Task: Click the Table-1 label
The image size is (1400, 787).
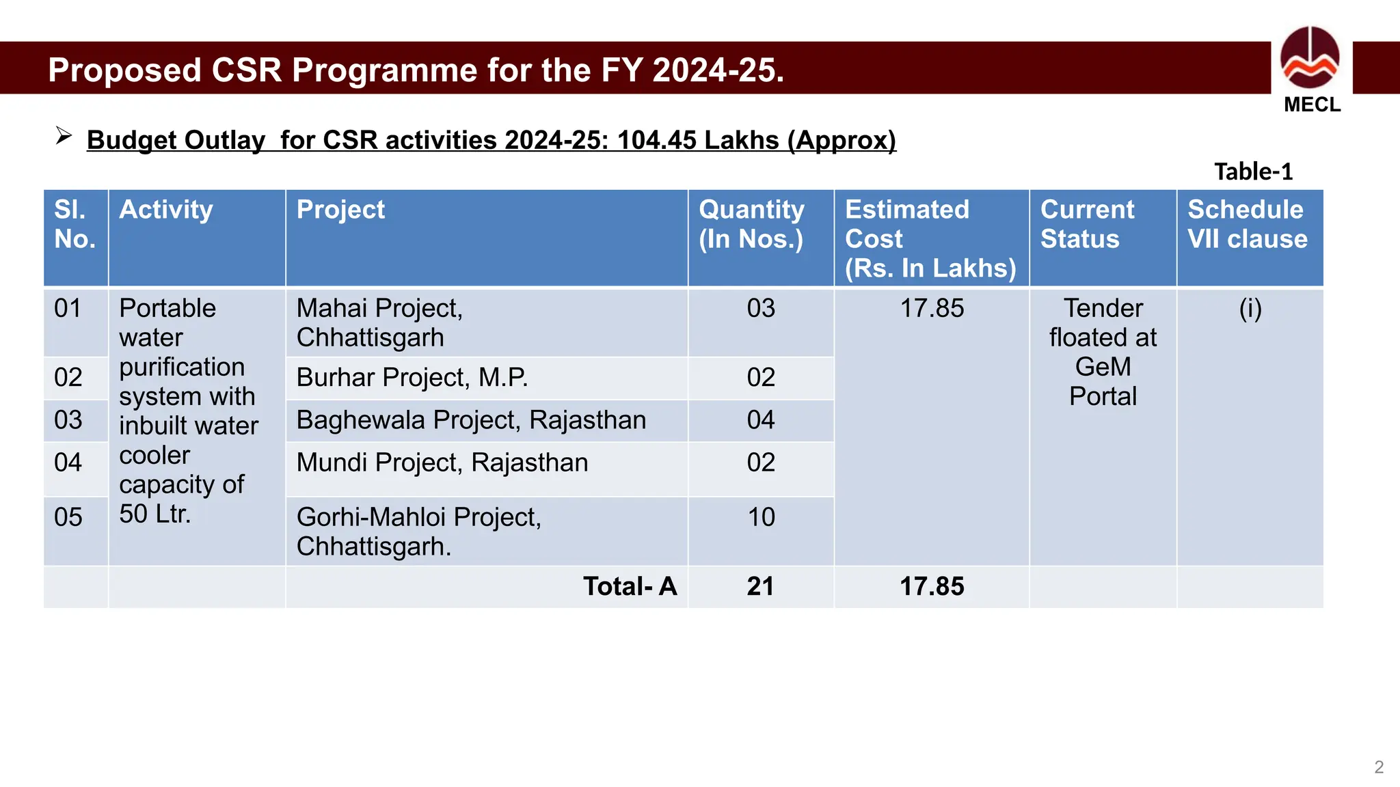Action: [x=1253, y=171]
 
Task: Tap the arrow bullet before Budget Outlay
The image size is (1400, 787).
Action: [x=64, y=136]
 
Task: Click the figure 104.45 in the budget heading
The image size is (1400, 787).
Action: [x=658, y=140]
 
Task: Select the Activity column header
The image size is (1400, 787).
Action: [x=166, y=210]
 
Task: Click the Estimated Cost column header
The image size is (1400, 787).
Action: [x=930, y=238]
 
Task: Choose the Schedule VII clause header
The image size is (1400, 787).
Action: [x=1248, y=224]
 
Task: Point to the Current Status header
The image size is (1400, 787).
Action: [x=1087, y=224]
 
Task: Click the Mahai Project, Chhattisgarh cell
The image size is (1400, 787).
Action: [x=379, y=322]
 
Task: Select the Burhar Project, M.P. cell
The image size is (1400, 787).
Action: [x=412, y=378]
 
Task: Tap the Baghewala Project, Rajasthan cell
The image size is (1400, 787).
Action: [x=471, y=420]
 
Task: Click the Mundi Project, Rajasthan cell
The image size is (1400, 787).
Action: [x=442, y=463]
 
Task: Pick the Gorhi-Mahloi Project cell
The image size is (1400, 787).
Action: [x=418, y=531]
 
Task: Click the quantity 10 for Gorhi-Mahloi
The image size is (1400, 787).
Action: [x=761, y=518]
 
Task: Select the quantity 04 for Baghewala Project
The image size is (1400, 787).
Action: [x=761, y=420]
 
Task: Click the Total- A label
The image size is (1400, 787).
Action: [x=630, y=587]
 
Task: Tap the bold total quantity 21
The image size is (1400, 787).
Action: [x=760, y=587]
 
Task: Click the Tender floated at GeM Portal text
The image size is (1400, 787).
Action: [x=1103, y=353]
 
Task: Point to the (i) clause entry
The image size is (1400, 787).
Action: [x=1250, y=309]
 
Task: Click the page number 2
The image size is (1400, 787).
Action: [x=1379, y=767]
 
